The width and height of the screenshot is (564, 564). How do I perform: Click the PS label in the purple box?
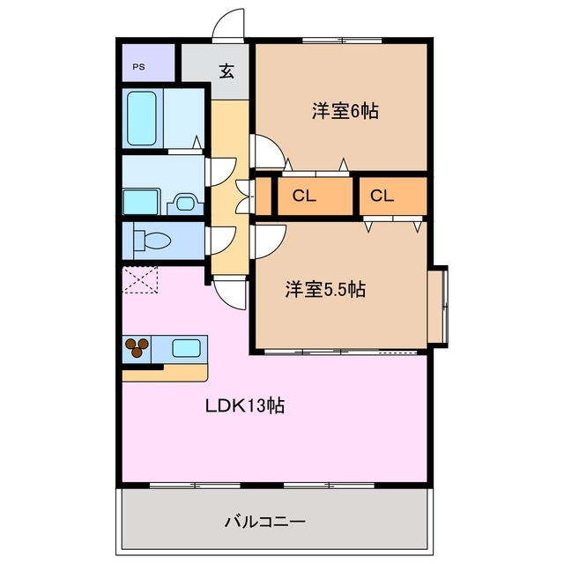(x=139, y=67)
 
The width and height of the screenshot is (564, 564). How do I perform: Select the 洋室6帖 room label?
(x=345, y=112)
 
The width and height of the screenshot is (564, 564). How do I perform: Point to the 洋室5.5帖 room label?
(x=325, y=288)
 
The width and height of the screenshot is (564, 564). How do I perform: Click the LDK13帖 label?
(x=245, y=406)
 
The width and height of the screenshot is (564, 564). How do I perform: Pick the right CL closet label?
(x=381, y=196)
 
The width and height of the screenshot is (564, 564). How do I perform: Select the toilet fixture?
(x=151, y=240)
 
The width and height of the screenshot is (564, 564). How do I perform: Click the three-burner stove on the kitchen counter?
(x=137, y=347)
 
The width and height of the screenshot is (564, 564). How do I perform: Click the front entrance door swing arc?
(x=231, y=25)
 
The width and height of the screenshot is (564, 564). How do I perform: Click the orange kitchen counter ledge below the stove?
(x=166, y=373)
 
